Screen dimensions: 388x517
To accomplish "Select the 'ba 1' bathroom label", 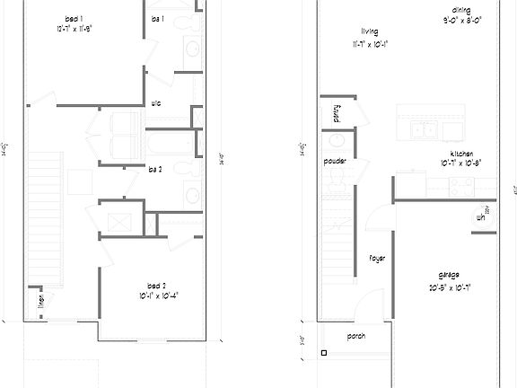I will (157, 19).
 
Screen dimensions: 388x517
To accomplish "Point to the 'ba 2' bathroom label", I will (153, 167).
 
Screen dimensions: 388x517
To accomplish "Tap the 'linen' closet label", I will (40, 300).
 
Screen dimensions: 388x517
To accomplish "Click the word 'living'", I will (368, 30).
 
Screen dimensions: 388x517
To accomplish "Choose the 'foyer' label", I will (376, 259).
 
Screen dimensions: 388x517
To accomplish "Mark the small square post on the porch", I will (323, 351).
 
